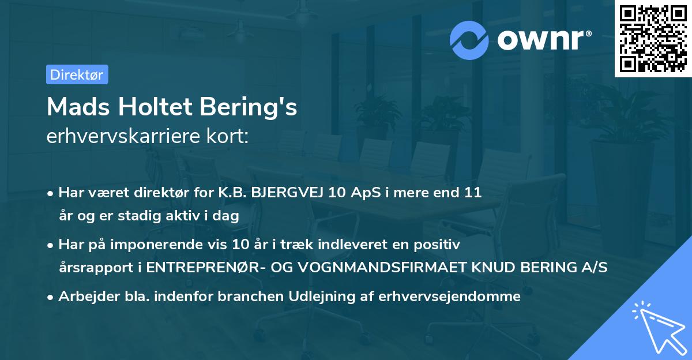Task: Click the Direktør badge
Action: (77, 74)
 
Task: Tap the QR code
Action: (652, 39)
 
